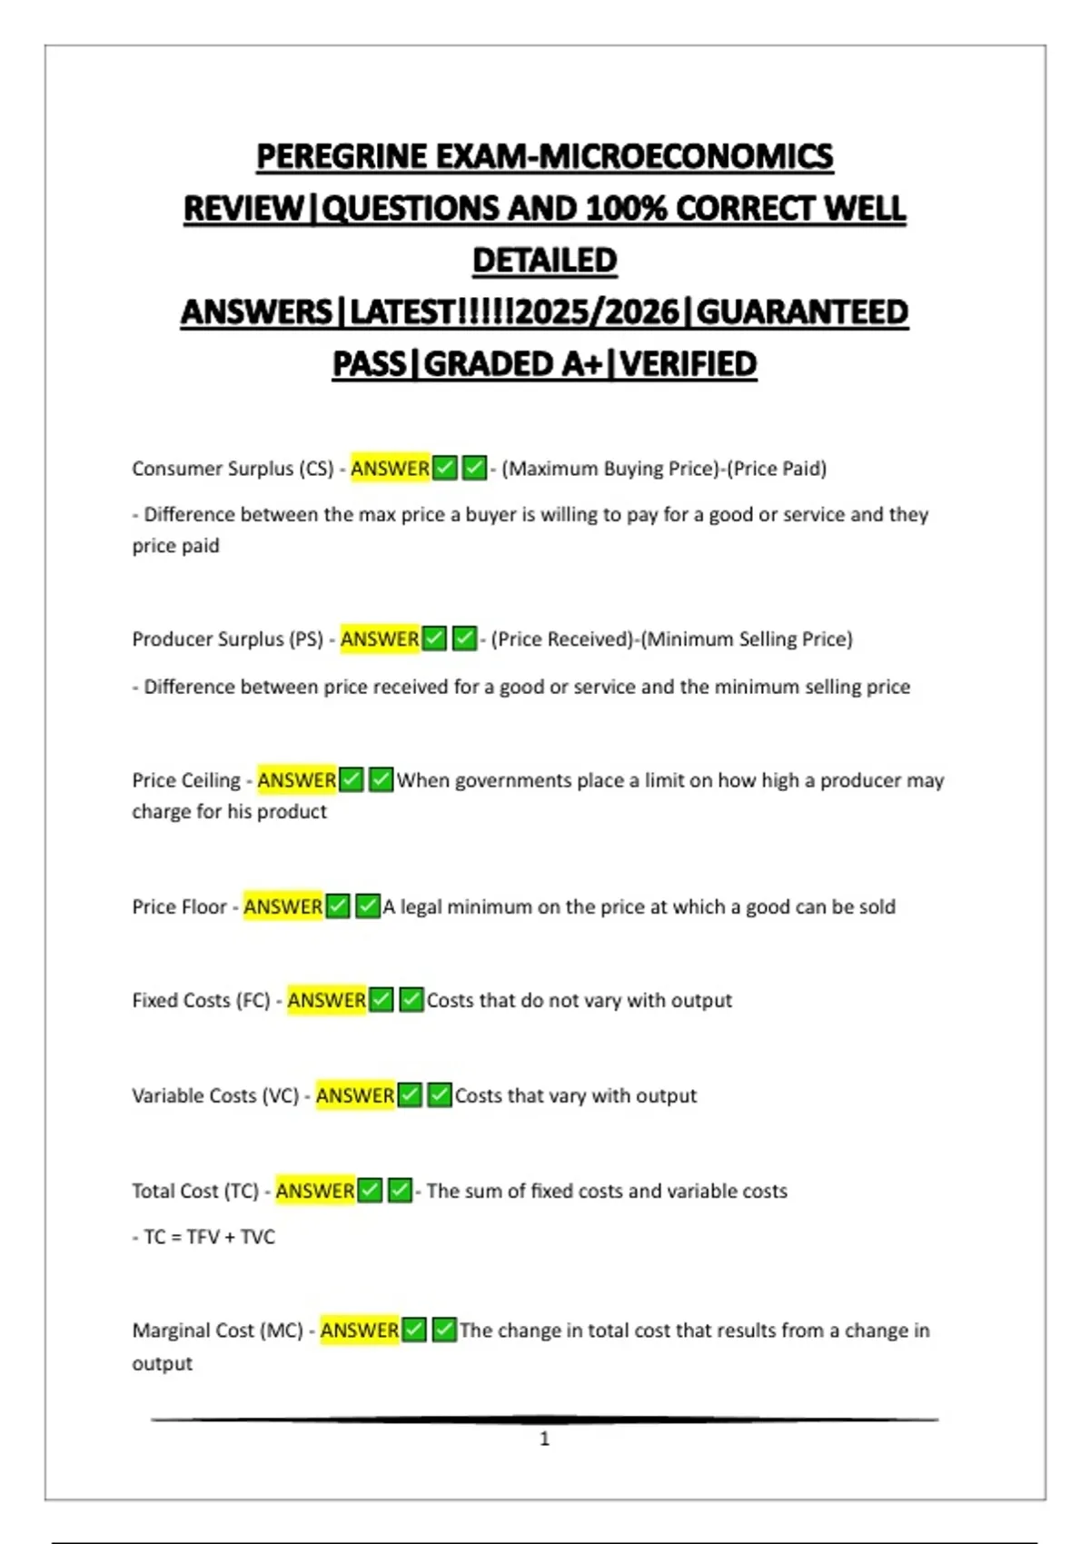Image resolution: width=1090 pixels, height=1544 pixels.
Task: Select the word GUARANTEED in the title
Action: [x=802, y=312]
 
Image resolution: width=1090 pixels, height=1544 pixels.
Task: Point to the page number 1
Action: [x=545, y=1439]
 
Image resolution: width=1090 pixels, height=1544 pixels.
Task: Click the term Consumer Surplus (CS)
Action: [x=233, y=469]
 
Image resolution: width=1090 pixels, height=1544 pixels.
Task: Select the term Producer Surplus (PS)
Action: [x=227, y=639]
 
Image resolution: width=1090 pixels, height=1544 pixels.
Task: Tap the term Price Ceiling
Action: [x=186, y=780]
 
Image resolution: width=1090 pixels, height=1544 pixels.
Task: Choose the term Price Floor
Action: [x=179, y=906]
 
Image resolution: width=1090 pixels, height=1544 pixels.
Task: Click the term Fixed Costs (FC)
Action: [x=201, y=1000]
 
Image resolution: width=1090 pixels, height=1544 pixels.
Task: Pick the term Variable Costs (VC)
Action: [x=215, y=1095]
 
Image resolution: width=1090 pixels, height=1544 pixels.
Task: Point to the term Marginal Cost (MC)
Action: [x=217, y=1331]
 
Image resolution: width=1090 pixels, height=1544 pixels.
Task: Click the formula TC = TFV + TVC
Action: [x=209, y=1237]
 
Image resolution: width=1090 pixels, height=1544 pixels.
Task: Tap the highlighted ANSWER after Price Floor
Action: [x=282, y=906]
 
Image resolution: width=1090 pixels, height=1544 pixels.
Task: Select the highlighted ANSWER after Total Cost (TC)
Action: [x=314, y=1191]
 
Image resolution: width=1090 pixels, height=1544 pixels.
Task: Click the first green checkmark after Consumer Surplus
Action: [x=445, y=469]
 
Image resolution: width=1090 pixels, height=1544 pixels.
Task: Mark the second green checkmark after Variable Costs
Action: [x=440, y=1095]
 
